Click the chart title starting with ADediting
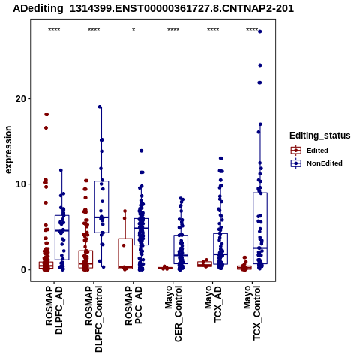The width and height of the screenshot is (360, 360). [153, 9]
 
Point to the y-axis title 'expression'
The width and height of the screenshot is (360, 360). [8, 150]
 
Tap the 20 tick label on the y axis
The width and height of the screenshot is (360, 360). [21, 99]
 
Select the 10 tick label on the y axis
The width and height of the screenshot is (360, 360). [21, 184]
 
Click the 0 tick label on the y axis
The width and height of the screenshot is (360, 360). [24, 270]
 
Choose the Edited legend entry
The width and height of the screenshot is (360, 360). [317, 151]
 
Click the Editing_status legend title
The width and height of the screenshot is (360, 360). [320, 136]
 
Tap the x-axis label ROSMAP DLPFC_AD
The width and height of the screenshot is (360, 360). [54, 310]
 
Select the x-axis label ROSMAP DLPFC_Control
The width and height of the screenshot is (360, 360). [94, 319]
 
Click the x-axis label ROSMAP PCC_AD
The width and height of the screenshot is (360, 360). [133, 305]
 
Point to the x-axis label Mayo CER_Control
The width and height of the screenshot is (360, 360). [173, 314]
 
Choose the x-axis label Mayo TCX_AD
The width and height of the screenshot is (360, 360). [213, 304]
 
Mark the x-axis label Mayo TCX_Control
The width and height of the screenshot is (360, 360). [253, 313]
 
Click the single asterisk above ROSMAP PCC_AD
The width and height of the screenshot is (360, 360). [133, 30]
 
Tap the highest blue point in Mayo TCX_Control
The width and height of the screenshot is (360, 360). [260, 31]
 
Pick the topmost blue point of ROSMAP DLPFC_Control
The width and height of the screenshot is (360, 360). [100, 106]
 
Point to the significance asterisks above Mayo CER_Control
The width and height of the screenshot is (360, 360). [173, 30]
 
